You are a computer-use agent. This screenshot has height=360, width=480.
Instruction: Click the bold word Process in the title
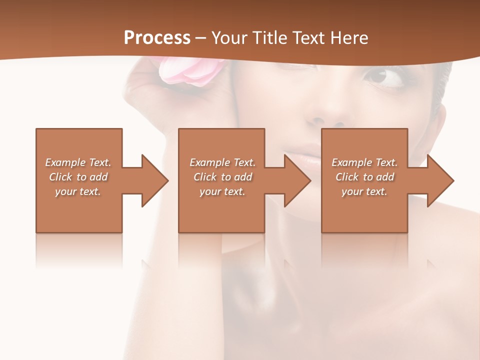157,38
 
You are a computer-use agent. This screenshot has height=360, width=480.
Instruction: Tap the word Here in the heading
349,38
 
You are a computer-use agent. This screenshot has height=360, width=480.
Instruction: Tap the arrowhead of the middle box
297,180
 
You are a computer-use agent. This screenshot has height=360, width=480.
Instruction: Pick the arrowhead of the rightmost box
440,180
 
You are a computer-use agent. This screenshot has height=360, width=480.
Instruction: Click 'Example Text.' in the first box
78,162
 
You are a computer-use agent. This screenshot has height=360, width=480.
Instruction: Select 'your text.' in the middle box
222,191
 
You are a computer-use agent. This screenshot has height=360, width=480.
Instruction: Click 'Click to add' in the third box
364,177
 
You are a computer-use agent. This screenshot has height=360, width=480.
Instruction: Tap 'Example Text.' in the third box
364,162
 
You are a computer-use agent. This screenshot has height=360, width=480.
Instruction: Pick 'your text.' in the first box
78,191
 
